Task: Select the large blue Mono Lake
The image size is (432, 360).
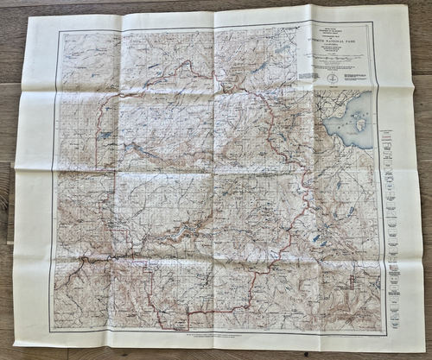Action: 353,121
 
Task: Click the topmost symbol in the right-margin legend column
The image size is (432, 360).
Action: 389,136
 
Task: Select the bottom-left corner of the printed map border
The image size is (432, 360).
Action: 49,332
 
